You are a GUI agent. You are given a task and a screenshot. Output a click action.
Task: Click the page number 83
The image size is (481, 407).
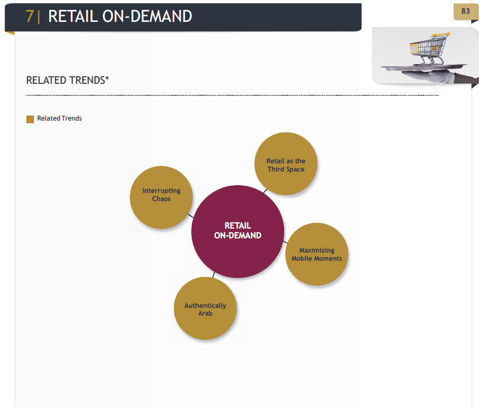[465, 12]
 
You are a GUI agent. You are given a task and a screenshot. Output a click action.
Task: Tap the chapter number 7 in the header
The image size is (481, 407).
[30, 16]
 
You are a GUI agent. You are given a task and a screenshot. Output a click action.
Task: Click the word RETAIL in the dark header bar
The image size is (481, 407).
[73, 16]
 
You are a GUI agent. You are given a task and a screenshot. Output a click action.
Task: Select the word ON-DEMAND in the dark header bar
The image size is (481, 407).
[147, 16]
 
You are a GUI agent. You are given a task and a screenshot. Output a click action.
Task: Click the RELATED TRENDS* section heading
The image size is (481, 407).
[67, 81]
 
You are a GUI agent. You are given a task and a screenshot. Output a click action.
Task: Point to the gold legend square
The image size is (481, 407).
[30, 119]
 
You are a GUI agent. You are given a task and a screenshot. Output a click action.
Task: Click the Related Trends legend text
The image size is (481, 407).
[60, 118]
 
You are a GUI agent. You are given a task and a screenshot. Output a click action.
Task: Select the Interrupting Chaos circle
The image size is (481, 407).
[162, 197]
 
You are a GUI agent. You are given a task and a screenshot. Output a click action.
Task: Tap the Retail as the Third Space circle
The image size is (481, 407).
[286, 163]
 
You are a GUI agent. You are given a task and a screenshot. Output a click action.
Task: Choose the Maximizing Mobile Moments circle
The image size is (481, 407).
[317, 254]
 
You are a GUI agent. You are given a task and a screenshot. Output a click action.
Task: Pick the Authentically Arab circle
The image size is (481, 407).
[205, 308]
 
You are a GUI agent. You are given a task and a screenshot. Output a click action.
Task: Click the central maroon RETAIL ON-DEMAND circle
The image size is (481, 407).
[238, 232]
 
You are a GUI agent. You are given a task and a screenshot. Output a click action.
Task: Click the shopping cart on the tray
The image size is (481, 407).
[430, 49]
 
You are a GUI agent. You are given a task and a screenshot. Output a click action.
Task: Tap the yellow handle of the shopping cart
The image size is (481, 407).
[441, 35]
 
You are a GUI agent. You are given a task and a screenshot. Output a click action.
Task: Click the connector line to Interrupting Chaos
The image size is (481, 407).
[191, 216]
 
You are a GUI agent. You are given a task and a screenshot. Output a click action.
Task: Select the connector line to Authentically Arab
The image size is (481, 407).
[214, 275]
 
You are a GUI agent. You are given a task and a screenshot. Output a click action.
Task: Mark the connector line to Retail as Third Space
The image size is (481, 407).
[265, 191]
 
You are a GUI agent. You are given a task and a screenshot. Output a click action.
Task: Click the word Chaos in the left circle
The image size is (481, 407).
[162, 199]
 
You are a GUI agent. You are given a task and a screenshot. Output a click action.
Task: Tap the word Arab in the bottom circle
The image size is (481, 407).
[205, 313]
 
